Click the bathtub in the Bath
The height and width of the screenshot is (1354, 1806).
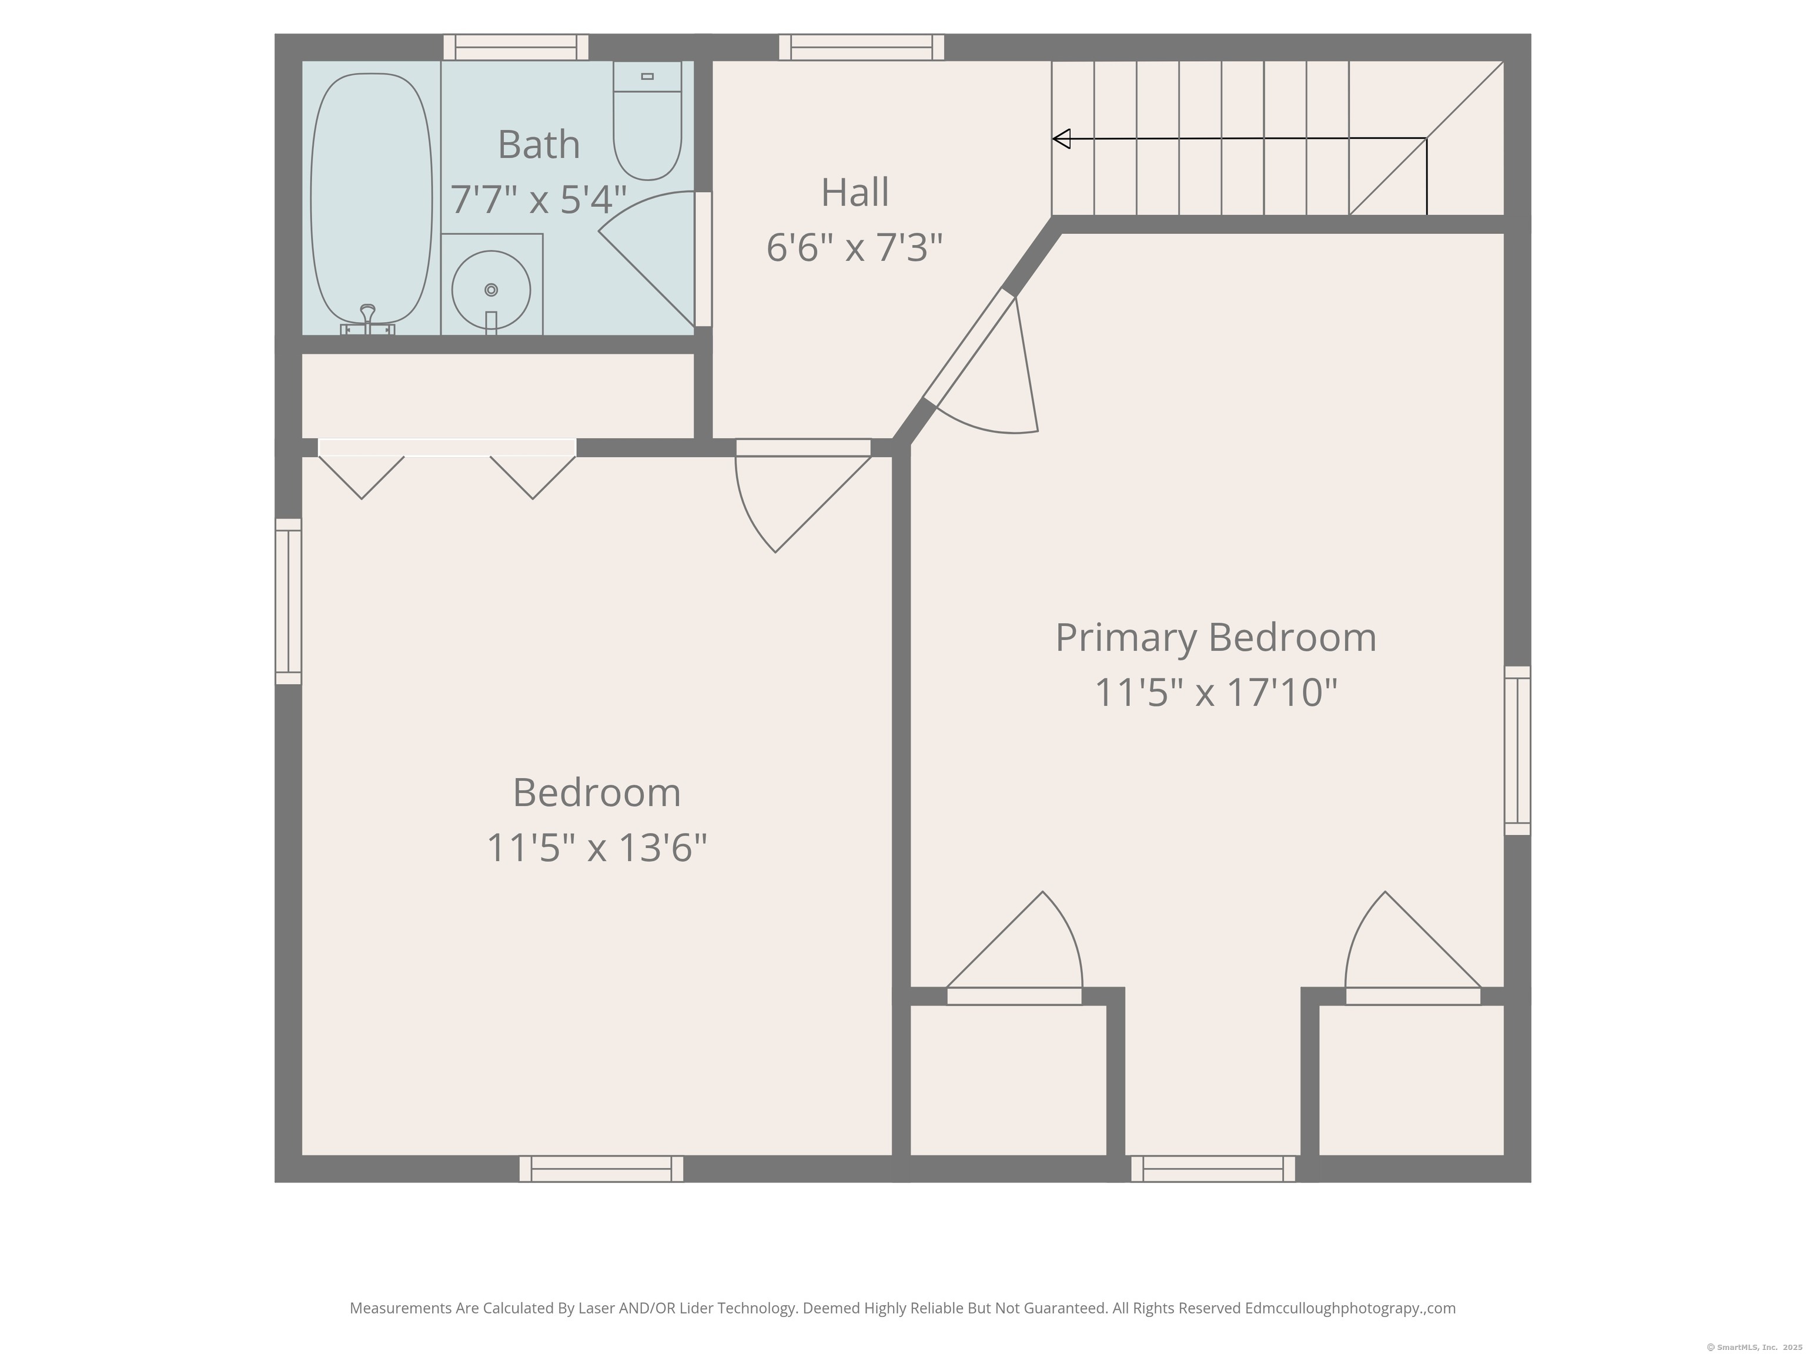372,198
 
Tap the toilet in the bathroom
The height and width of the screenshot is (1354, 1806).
647,121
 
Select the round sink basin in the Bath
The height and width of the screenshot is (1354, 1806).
491,290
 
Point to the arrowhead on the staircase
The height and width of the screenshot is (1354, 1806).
1061,139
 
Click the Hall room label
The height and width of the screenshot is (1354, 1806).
855,193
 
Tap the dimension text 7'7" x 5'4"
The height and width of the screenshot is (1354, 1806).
539,200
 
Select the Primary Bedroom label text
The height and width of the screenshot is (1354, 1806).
1216,638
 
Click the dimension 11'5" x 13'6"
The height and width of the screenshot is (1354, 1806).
597,847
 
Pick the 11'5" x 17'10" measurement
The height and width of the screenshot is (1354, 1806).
1216,692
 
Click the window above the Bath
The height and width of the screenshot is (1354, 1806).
516,48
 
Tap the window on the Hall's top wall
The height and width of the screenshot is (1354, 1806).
861,48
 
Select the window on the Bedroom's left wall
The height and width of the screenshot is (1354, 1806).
288,602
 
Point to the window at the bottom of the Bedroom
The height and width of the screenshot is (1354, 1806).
602,1169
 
